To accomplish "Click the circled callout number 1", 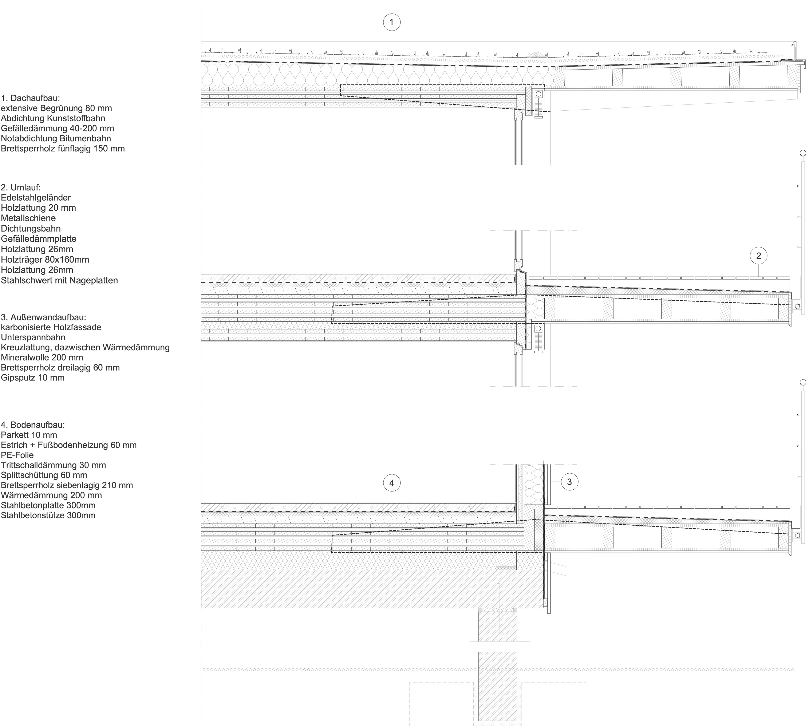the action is point(391,22).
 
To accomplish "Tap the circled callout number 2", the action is point(759,256).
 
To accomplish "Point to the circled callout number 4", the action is point(391,483).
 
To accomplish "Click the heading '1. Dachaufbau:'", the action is point(30,98).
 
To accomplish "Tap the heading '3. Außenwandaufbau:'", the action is point(44,317).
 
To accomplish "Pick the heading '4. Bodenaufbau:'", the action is point(33,425).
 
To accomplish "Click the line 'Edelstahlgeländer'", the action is point(36,197).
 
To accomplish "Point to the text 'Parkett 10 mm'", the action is point(29,435).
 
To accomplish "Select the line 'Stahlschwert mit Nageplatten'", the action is point(60,280).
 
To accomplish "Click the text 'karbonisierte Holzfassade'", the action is point(51,327).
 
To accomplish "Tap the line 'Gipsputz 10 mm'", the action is point(33,378).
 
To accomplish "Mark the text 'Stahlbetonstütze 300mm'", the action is point(48,515).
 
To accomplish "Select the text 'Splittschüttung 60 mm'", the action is point(44,475).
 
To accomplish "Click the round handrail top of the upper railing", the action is point(803,153).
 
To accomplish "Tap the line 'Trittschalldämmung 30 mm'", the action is point(54,465).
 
